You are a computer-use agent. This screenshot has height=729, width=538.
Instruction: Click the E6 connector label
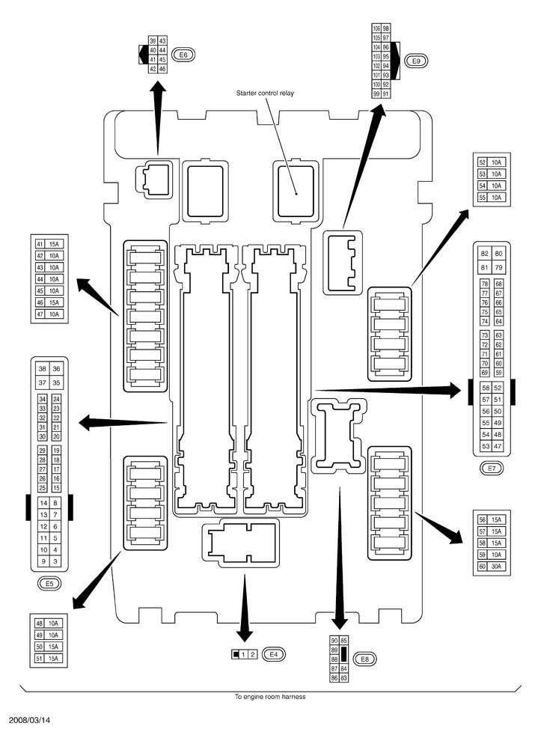pos(183,55)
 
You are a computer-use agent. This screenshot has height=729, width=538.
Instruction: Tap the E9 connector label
pos(416,61)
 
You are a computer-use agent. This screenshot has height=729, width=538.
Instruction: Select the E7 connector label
pos(492,469)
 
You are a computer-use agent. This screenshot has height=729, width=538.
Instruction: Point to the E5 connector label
pos(49,584)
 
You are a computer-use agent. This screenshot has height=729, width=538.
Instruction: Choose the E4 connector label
pos(273,655)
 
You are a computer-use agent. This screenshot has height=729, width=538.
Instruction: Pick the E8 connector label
pos(364,659)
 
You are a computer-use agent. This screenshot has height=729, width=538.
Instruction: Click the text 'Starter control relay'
pos(265,93)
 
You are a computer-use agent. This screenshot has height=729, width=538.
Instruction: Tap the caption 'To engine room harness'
pos(269,697)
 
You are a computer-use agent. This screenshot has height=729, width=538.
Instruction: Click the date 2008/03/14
pos(28,720)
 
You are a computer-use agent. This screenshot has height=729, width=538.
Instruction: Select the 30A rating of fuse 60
pos(497,567)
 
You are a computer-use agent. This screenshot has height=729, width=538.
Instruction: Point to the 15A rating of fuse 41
pos(54,244)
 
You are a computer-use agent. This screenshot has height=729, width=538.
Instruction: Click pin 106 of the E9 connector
pos(376,28)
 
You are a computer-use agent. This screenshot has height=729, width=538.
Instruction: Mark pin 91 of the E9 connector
pos(385,94)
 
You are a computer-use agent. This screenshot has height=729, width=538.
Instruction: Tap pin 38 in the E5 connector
pos(43,369)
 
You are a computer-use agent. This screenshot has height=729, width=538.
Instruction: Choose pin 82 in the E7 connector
pos(485,254)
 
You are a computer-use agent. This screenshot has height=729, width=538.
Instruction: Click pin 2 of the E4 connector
pos(252,655)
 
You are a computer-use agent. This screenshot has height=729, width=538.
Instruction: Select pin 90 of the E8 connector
pos(334,641)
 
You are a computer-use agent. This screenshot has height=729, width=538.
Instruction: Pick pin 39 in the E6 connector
pos(153,41)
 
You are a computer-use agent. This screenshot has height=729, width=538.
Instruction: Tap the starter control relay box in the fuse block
pos(296,192)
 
